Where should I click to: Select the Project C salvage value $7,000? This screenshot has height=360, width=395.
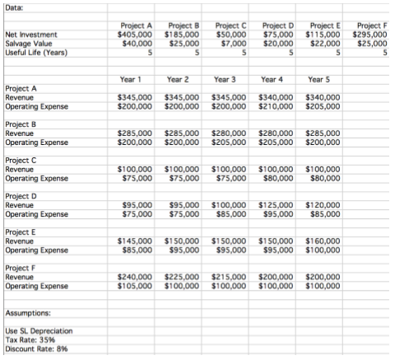click(233, 44)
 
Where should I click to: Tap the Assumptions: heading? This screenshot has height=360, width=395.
click(27, 313)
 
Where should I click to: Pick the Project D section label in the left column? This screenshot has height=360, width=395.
click(21, 196)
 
